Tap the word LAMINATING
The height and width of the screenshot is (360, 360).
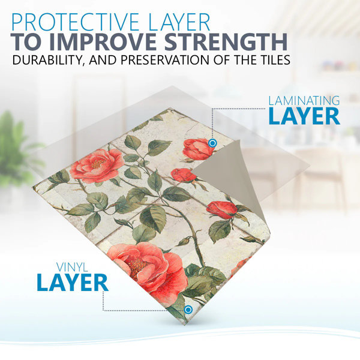click(304, 101)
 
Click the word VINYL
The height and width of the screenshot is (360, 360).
click(72, 267)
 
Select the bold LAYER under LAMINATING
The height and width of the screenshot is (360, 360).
click(304, 116)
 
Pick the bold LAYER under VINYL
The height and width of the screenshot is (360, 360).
click(73, 283)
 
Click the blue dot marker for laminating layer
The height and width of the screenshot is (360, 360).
click(212, 143)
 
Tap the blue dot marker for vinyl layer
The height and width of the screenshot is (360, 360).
click(188, 310)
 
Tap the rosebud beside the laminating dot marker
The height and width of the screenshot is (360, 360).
click(198, 149)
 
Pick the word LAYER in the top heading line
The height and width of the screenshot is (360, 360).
click(179, 23)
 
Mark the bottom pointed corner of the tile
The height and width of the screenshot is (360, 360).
click(186, 324)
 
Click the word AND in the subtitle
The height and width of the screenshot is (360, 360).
click(104, 59)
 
